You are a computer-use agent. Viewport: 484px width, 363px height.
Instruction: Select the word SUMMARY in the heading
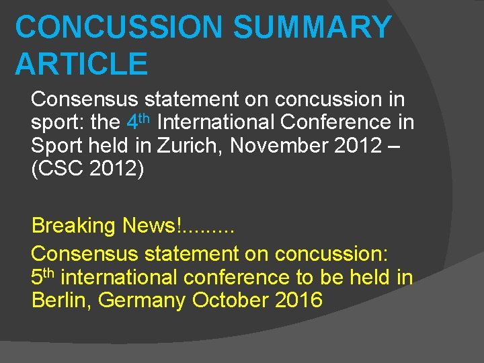pyautogui.click(x=312, y=28)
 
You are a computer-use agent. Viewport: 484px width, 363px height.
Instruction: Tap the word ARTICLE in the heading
pyautogui.click(x=81, y=63)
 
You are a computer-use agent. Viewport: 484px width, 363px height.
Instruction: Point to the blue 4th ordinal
pyautogui.click(x=138, y=122)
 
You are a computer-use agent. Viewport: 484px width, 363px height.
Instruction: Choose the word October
pyautogui.click(x=231, y=299)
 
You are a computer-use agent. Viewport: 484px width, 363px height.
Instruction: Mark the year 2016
pyautogui.click(x=299, y=299)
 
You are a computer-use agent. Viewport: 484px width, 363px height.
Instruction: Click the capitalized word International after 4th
pyautogui.click(x=216, y=122)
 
